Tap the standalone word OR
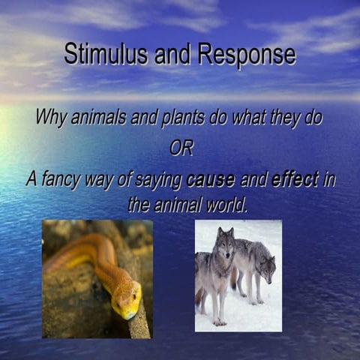[x=181, y=148]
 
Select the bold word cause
[x=210, y=180]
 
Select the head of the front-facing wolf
[x=225, y=244]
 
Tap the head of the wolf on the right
[x=266, y=265]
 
